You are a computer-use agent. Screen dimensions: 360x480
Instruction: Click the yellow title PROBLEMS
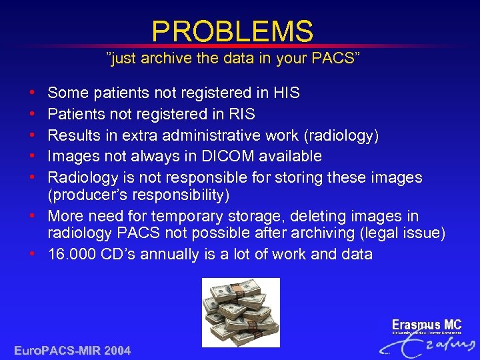232,31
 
